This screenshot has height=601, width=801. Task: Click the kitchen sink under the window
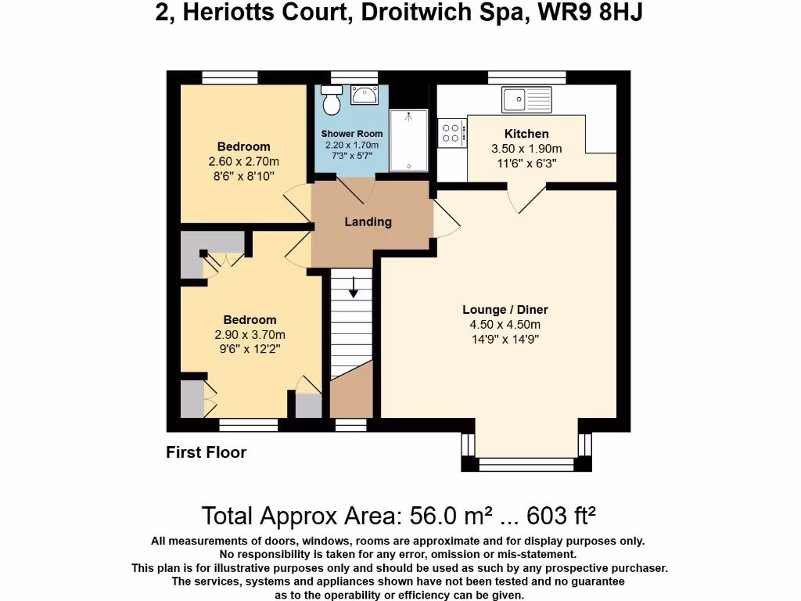pos(526,99)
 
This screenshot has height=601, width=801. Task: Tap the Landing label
pos(368,221)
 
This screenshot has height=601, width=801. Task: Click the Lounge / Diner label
pos(505,310)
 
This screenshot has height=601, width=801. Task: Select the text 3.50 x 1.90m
pos(526,149)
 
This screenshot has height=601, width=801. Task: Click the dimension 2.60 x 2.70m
pos(243,161)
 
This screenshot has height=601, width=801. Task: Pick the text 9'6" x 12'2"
pos(250,349)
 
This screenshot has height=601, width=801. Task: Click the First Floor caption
pos(206,452)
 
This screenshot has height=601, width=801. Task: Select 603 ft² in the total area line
pos(562,516)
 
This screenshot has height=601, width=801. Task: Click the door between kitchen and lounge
pos(526,199)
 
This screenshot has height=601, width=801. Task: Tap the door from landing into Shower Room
pos(356,189)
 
